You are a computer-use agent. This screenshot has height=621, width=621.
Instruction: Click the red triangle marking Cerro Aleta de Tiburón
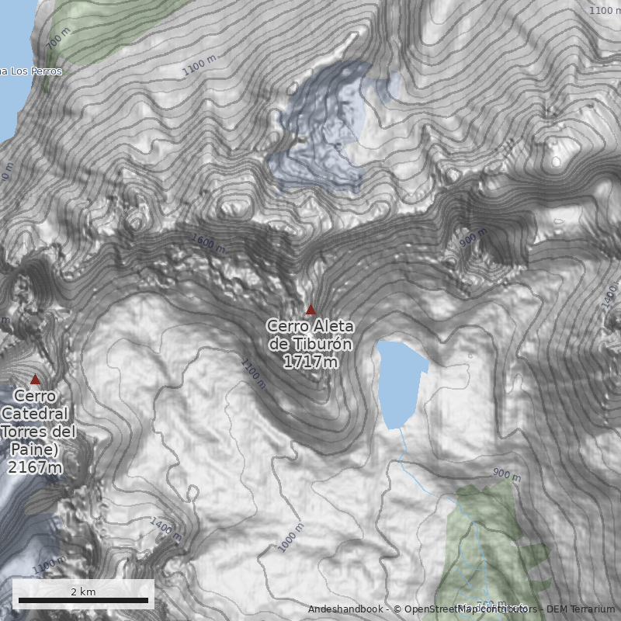(x=310, y=310)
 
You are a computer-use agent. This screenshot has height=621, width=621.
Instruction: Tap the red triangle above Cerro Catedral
(x=35, y=380)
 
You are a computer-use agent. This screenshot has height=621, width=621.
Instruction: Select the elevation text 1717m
(x=310, y=362)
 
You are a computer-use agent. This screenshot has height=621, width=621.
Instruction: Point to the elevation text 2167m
(x=35, y=467)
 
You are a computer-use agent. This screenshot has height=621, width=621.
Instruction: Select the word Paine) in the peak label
(x=35, y=449)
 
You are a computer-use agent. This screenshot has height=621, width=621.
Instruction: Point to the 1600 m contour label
(x=207, y=243)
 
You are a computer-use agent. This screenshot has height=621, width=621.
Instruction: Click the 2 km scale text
(x=83, y=592)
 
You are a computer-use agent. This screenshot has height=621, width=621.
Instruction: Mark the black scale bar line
(x=83, y=600)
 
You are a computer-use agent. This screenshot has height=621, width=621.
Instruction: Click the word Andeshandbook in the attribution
(x=346, y=609)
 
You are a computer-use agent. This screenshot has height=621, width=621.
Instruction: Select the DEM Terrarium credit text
(x=580, y=609)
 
